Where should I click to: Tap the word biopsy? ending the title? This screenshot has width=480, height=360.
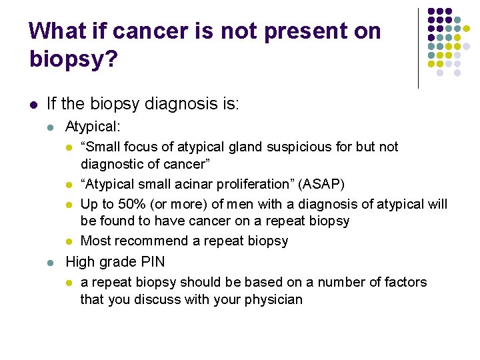73,60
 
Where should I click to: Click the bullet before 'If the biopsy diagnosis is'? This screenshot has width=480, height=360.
33,104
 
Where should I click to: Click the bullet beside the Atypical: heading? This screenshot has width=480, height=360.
52,127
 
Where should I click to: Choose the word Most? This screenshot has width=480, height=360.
95,241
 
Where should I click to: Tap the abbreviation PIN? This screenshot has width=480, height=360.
151,262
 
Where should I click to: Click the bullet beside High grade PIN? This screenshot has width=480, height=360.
52,263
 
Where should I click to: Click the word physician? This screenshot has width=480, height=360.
273,299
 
